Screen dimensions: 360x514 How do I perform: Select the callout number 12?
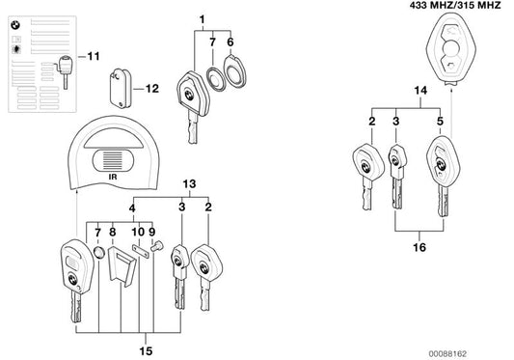pyautogui.click(x=151, y=90)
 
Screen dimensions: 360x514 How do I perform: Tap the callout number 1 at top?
pyautogui.click(x=203, y=19)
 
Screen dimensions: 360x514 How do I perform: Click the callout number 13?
pyautogui.click(x=188, y=183)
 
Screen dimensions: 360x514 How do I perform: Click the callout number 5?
pyautogui.click(x=441, y=123)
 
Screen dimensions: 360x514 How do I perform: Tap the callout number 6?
pyautogui.click(x=230, y=42)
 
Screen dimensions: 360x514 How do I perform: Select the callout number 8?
pyautogui.click(x=113, y=233)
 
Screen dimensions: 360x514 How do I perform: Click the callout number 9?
pyautogui.click(x=150, y=233)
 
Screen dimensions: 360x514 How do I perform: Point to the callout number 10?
pyautogui.click(x=137, y=233)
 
